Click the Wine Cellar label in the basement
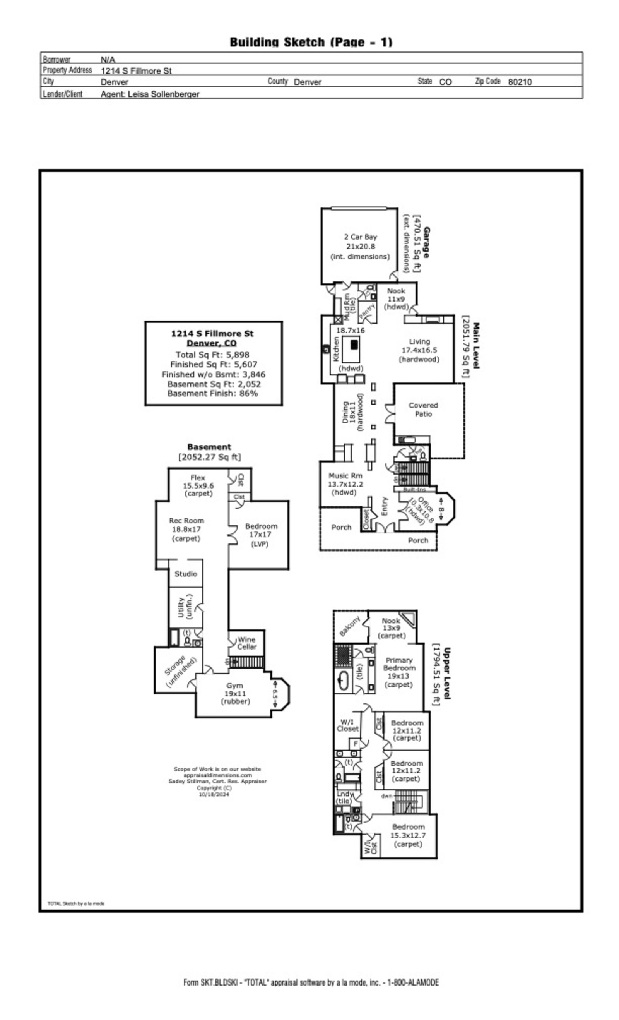pos(246,643)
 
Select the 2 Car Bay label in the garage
pos(360,246)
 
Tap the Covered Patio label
pos(423,410)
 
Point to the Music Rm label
pos(345,484)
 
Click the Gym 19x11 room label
pos(234,693)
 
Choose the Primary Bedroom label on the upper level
pos(398,672)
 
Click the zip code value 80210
pos(520,82)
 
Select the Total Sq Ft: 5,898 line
pos(212,355)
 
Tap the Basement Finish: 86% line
pos(212,393)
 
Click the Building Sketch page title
pos(311,42)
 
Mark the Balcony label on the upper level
pos(350,626)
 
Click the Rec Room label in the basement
pos(186,530)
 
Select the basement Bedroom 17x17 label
pos(261,535)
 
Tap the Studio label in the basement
pos(185,574)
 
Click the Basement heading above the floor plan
pos(209,447)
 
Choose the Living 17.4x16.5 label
pos(419,350)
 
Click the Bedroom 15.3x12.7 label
pos(408,835)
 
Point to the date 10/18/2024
pos(214,794)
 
